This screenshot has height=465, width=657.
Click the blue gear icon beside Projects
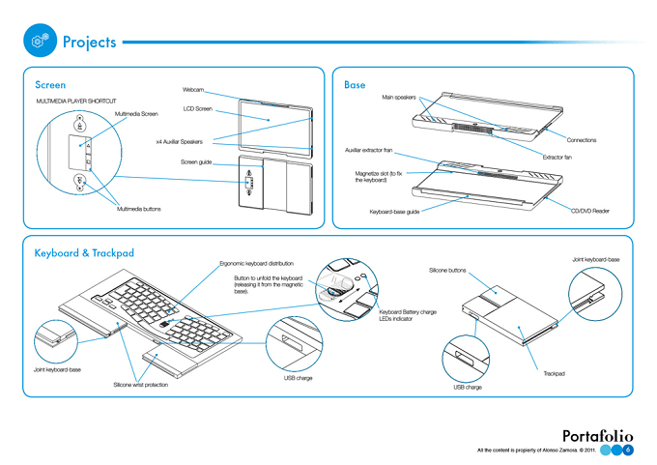pyautogui.click(x=40, y=41)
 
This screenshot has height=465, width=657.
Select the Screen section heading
pyautogui.click(x=50, y=85)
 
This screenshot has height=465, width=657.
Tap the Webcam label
pyautogui.click(x=193, y=90)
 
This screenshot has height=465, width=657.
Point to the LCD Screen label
pyautogui.click(x=198, y=109)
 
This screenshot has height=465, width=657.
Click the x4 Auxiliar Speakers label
pyautogui.click(x=180, y=142)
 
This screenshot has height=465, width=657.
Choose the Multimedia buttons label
pyautogui.click(x=139, y=209)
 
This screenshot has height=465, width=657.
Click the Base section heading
pyautogui.click(x=355, y=85)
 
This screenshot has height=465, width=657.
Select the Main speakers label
pyautogui.click(x=399, y=98)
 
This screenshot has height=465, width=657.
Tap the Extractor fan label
pyautogui.click(x=557, y=158)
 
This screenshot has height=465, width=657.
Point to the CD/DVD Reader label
pyautogui.click(x=590, y=211)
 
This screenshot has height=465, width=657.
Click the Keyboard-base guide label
pyautogui.click(x=394, y=212)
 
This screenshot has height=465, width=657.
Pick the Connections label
pyautogui.click(x=582, y=140)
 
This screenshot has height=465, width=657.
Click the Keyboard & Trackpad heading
pyautogui.click(x=84, y=253)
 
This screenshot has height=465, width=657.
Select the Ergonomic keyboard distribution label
pyautogui.click(x=256, y=264)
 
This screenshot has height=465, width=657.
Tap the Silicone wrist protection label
pyautogui.click(x=141, y=385)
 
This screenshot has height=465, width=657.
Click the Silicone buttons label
pyautogui.click(x=447, y=271)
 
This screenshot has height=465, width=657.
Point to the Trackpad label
pyautogui.click(x=554, y=373)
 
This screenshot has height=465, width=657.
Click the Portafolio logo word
pyautogui.click(x=597, y=436)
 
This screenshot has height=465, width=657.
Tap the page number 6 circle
pyautogui.click(x=628, y=450)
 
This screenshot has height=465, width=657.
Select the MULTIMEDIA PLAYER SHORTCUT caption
pyautogui.click(x=76, y=102)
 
